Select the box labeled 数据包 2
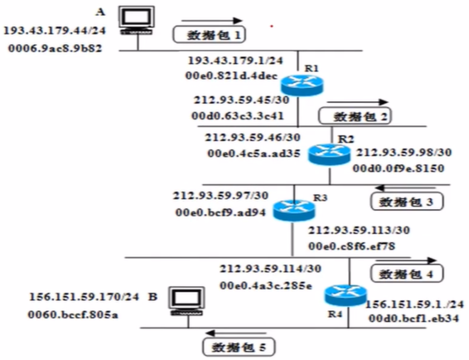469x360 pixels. click(x=354, y=116)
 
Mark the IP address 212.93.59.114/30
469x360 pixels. click(x=267, y=270)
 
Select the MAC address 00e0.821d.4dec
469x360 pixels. click(x=232, y=75)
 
